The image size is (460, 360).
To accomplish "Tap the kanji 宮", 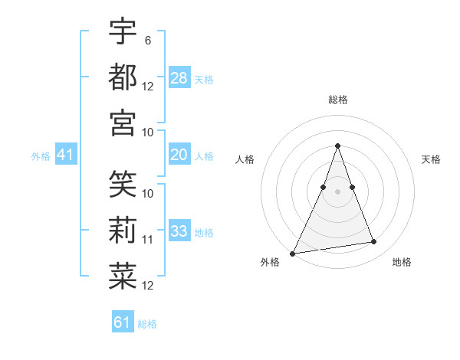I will pos(123,123).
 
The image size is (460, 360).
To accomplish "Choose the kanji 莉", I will pos(123,231).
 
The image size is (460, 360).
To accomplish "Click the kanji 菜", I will pos(123,277).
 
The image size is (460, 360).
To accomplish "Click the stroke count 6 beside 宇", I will pos(147,39).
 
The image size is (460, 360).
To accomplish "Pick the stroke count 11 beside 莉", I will pos(148,240).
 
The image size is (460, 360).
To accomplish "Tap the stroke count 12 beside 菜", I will pos(148,286).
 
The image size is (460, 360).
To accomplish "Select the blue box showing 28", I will pos(179,77).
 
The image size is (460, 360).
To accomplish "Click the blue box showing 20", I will pos(179,155).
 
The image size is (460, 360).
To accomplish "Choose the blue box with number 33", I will pos(179,231).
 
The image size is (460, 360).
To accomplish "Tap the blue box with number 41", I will pos(66,155).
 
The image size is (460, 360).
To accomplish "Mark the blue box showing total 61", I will pos(123,322).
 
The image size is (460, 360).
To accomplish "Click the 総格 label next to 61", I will pos(147,324).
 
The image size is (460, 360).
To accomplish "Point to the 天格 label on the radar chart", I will pos(432,159).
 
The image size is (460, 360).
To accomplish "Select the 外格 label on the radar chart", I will pos(270,262).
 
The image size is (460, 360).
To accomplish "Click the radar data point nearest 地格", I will pos(374,242).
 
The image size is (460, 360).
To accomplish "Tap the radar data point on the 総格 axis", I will pos(337,146).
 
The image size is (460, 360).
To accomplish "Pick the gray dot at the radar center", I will pos(337,191).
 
